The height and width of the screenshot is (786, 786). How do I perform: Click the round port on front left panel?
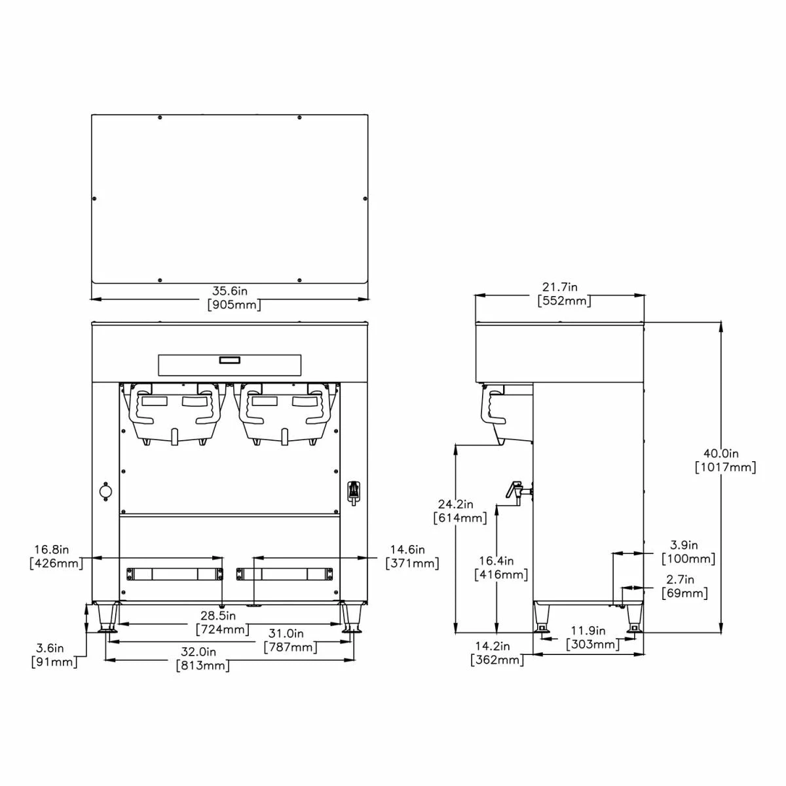pyautogui.click(x=105, y=491)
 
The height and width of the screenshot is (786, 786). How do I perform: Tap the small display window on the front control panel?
pyautogui.click(x=229, y=360)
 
